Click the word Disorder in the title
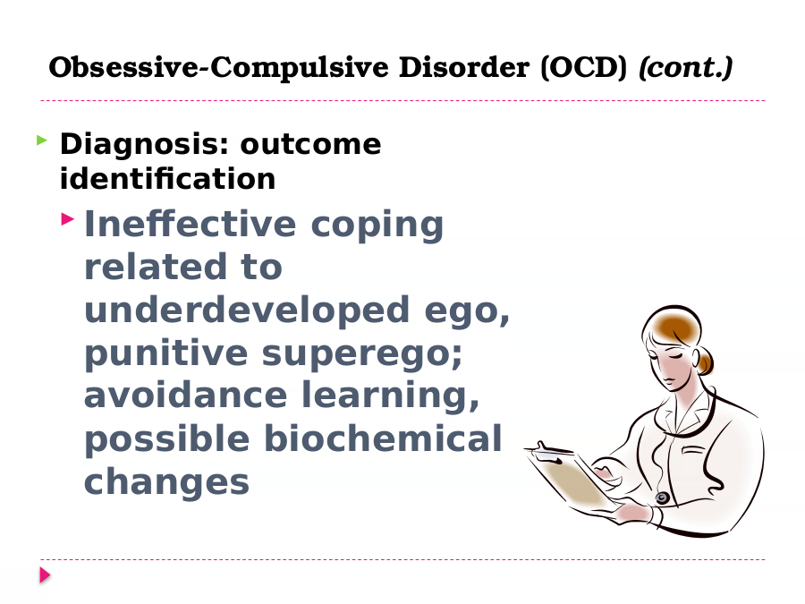pyautogui.click(x=464, y=67)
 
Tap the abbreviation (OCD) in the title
pyautogui.click(x=584, y=67)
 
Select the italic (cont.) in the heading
pyautogui.click(x=685, y=67)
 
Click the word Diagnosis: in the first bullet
pyautogui.click(x=144, y=145)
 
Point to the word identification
pyautogui.click(x=167, y=178)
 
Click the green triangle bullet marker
pyautogui.click(x=42, y=140)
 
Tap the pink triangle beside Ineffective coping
pyautogui.click(x=68, y=219)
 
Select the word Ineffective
pyautogui.click(x=190, y=224)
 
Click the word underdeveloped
pyautogui.click(x=247, y=310)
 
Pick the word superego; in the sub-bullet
pyautogui.click(x=362, y=354)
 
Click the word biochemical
pyautogui.click(x=383, y=438)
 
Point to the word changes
pyautogui.click(x=166, y=483)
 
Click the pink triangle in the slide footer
pyautogui.click(x=46, y=575)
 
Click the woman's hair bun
pyautogui.click(x=705, y=362)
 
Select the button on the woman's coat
pyautogui.click(x=662, y=498)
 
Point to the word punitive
pyautogui.click(x=165, y=353)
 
